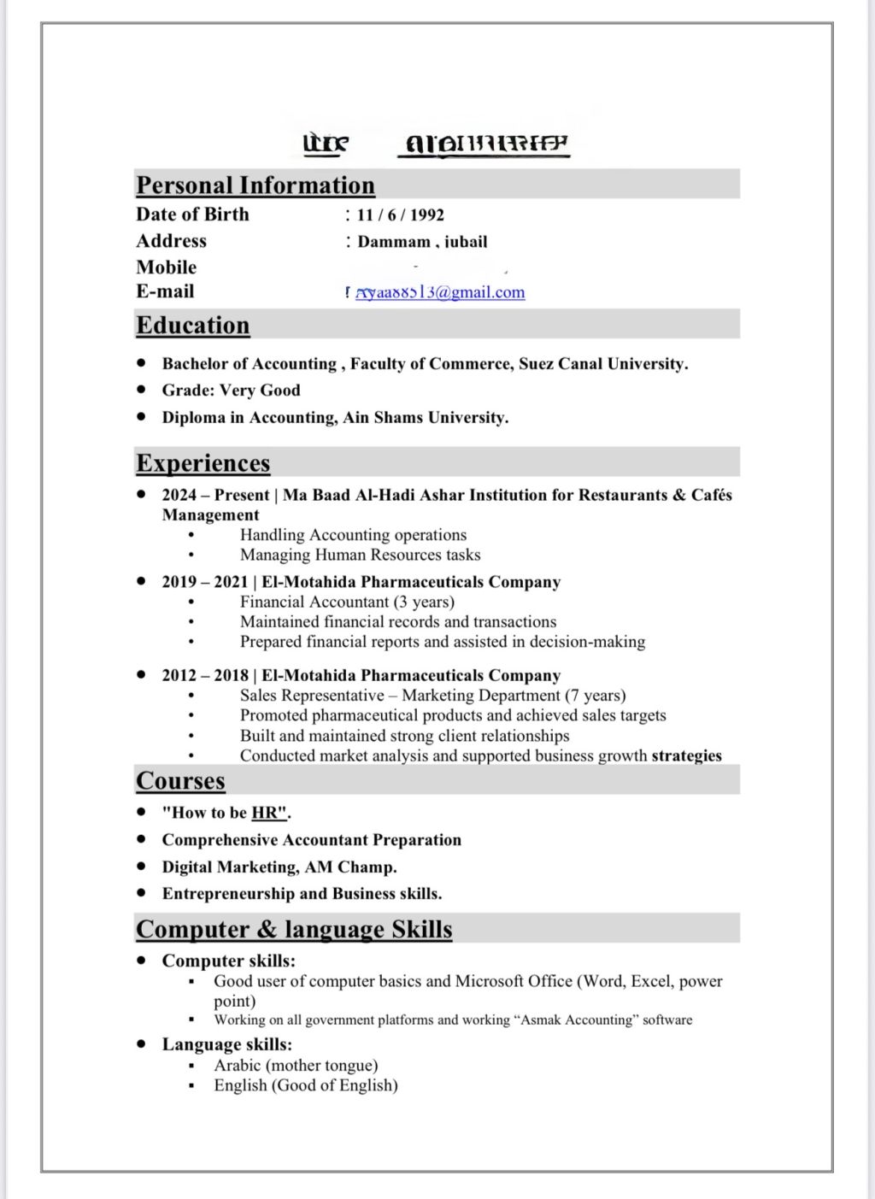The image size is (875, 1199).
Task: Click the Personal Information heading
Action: tap(255, 185)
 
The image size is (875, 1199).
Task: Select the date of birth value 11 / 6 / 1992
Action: tap(400, 215)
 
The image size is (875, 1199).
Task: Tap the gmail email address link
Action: tap(440, 292)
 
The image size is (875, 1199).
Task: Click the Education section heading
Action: tap(193, 326)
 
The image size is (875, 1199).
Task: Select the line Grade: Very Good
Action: tap(231, 391)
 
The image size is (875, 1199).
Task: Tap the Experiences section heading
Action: tap(203, 463)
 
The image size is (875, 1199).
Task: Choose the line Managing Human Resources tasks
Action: tap(360, 555)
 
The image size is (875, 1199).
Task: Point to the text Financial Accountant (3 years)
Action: tap(347, 602)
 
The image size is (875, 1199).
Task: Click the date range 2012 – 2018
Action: tap(205, 676)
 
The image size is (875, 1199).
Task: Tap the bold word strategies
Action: tap(686, 756)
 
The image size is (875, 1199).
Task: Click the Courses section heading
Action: tap(180, 781)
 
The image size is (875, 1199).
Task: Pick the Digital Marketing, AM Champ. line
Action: tap(279, 867)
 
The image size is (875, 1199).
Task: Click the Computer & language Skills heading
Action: tap(294, 930)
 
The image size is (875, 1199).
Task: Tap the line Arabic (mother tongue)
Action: tap(296, 1066)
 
